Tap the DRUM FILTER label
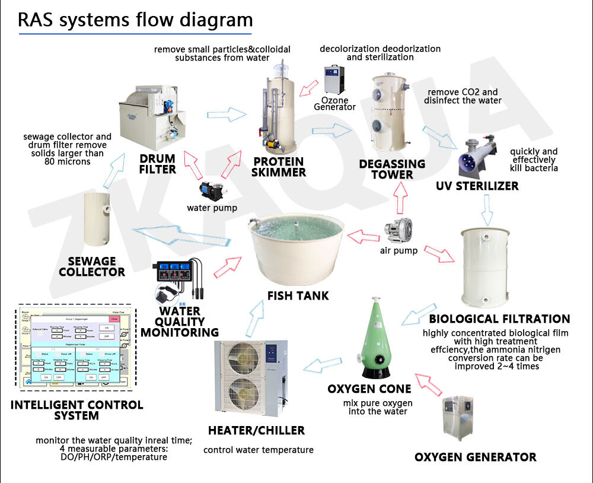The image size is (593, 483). [x=158, y=164]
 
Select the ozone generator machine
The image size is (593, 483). [x=334, y=80]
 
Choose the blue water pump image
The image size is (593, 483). [x=211, y=192]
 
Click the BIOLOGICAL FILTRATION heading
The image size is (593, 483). [x=499, y=319]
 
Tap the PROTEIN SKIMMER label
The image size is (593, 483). [x=278, y=167]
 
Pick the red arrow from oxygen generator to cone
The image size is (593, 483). [x=431, y=384]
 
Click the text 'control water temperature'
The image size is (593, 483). [x=258, y=450]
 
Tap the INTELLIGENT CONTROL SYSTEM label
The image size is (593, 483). [x=76, y=410]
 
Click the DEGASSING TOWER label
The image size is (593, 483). [x=392, y=169]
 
